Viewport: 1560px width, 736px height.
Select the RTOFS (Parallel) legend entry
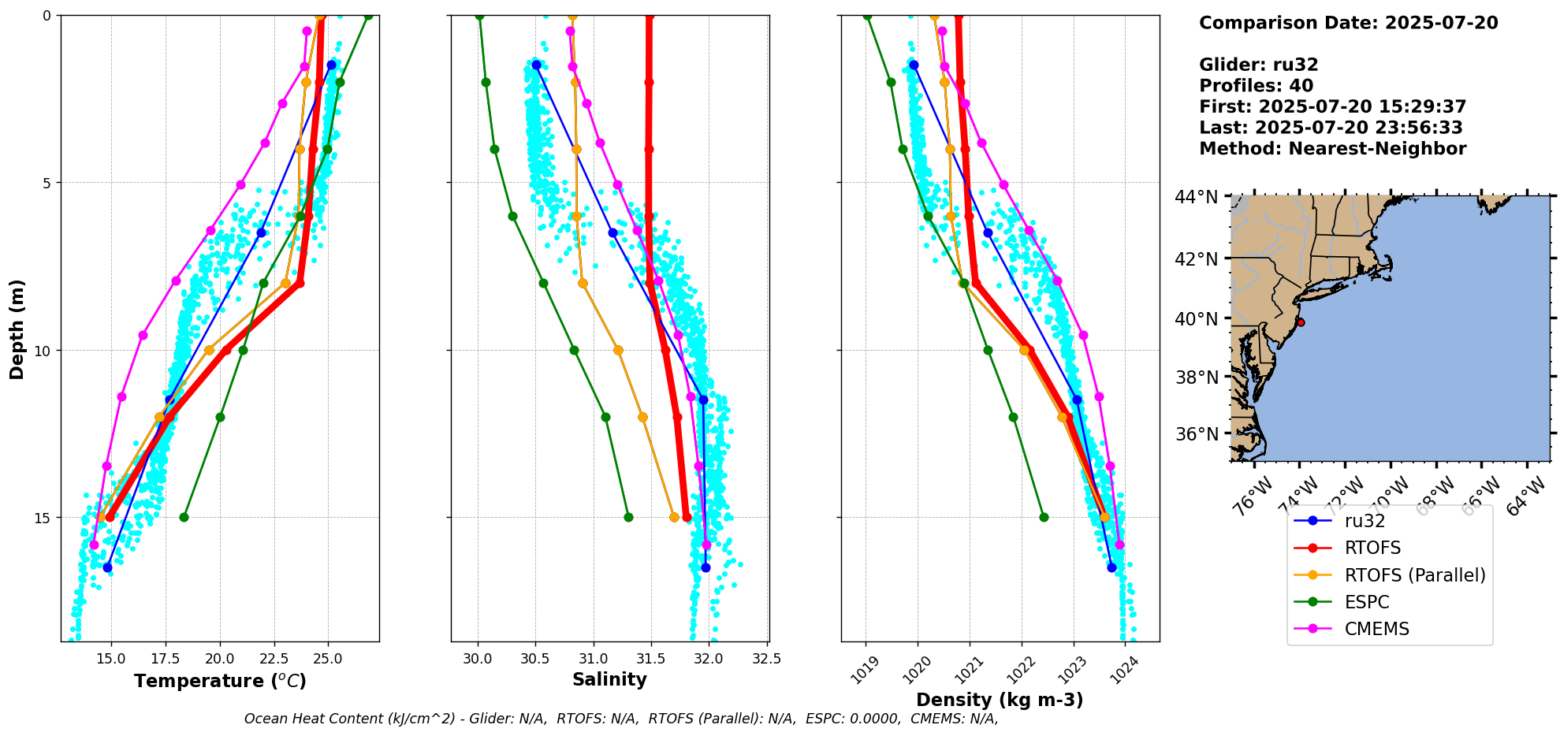click(x=1415, y=575)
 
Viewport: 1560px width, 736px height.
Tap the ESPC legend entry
click(x=1367, y=602)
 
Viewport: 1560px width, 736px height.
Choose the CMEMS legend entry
click(x=1376, y=629)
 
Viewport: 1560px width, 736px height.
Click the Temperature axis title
click(x=220, y=681)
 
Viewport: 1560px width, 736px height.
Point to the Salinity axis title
click(x=609, y=679)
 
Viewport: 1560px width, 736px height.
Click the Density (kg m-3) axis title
click(x=1000, y=700)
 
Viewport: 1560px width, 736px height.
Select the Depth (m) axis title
click(x=17, y=329)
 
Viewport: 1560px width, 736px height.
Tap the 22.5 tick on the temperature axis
click(x=274, y=658)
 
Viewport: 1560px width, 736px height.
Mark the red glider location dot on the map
click(x=1301, y=322)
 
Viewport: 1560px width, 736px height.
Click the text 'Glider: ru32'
click(x=1258, y=65)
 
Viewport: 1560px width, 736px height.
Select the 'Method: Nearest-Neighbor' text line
click(x=1332, y=148)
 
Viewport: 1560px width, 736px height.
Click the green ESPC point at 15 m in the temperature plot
click(x=184, y=517)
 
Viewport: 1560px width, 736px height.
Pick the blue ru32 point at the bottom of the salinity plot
click(x=706, y=567)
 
